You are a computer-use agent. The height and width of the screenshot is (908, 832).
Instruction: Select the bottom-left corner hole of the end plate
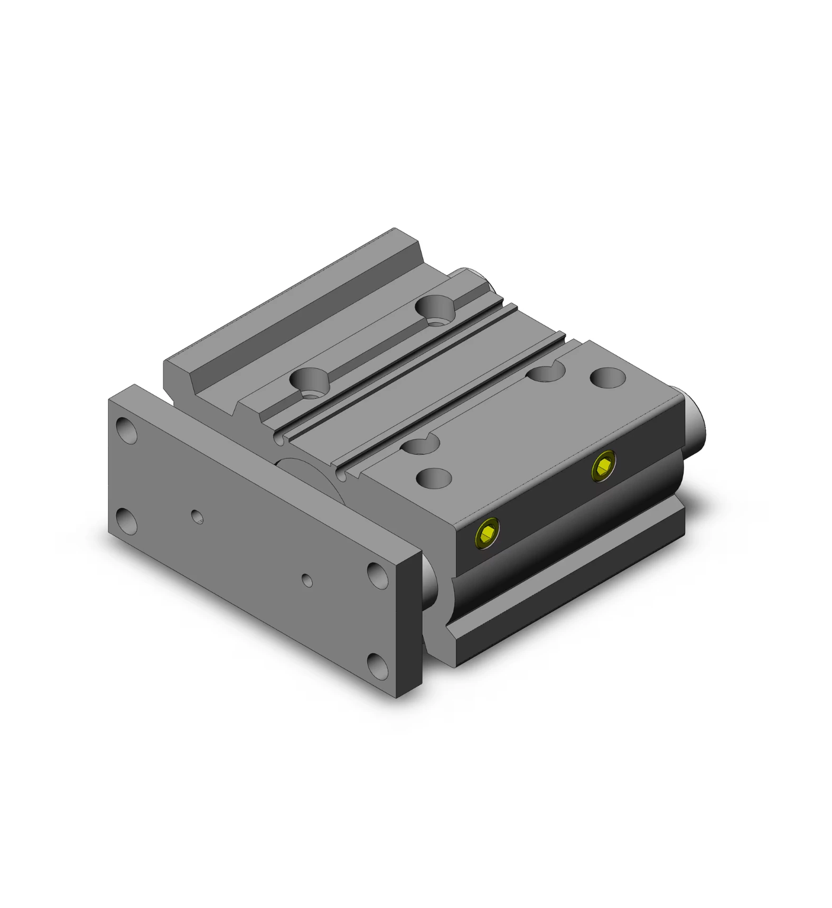coord(126,522)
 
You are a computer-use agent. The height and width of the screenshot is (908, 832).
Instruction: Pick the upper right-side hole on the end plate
coord(378,575)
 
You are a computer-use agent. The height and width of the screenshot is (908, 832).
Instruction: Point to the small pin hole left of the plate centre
coord(197,517)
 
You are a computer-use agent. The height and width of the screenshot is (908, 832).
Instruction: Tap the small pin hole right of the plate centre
coord(307,581)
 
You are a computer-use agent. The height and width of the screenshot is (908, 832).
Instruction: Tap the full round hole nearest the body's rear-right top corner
coord(607,378)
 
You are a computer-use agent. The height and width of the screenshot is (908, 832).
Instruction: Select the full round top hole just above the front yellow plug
coord(434,478)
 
